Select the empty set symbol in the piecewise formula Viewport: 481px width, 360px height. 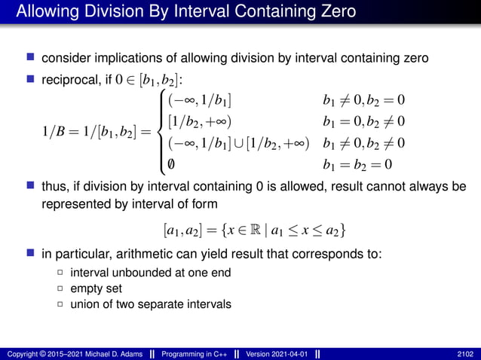tap(173, 164)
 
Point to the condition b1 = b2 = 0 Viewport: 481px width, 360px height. tap(358, 164)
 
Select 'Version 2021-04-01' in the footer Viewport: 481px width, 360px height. tap(273, 354)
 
